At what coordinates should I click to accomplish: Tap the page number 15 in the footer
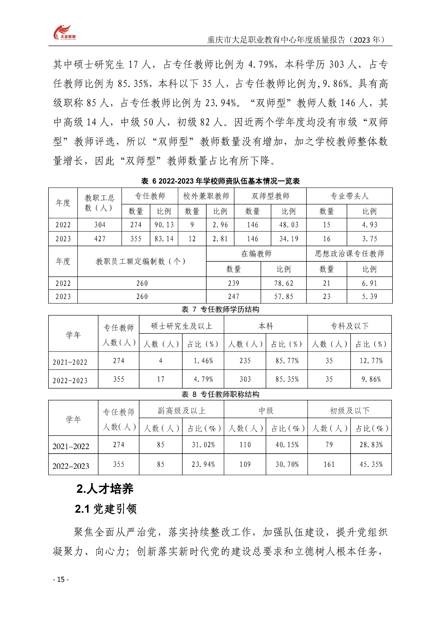(x=61, y=580)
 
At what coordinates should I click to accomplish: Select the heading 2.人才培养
(x=105, y=489)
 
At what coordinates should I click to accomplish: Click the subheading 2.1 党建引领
(x=106, y=509)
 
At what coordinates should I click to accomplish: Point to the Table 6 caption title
(x=220, y=181)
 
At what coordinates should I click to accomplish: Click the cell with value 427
(x=100, y=239)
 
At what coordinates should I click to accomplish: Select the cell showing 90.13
(x=164, y=225)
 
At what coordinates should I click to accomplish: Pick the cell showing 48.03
(x=289, y=225)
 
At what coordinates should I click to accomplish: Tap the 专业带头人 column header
(x=349, y=196)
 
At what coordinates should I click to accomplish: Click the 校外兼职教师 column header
(x=206, y=196)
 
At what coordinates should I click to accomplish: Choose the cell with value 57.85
(x=283, y=297)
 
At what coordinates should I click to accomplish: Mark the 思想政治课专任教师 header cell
(x=349, y=254)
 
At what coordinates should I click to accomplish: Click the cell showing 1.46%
(x=203, y=361)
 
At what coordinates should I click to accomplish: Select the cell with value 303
(x=245, y=379)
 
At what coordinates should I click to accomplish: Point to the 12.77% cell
(x=371, y=361)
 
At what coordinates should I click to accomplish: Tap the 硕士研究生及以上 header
(x=181, y=326)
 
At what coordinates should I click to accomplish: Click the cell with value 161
(x=329, y=464)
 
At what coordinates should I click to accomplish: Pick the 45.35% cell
(x=371, y=464)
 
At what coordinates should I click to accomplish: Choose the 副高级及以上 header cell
(x=181, y=410)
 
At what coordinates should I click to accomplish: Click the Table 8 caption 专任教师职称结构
(x=220, y=394)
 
